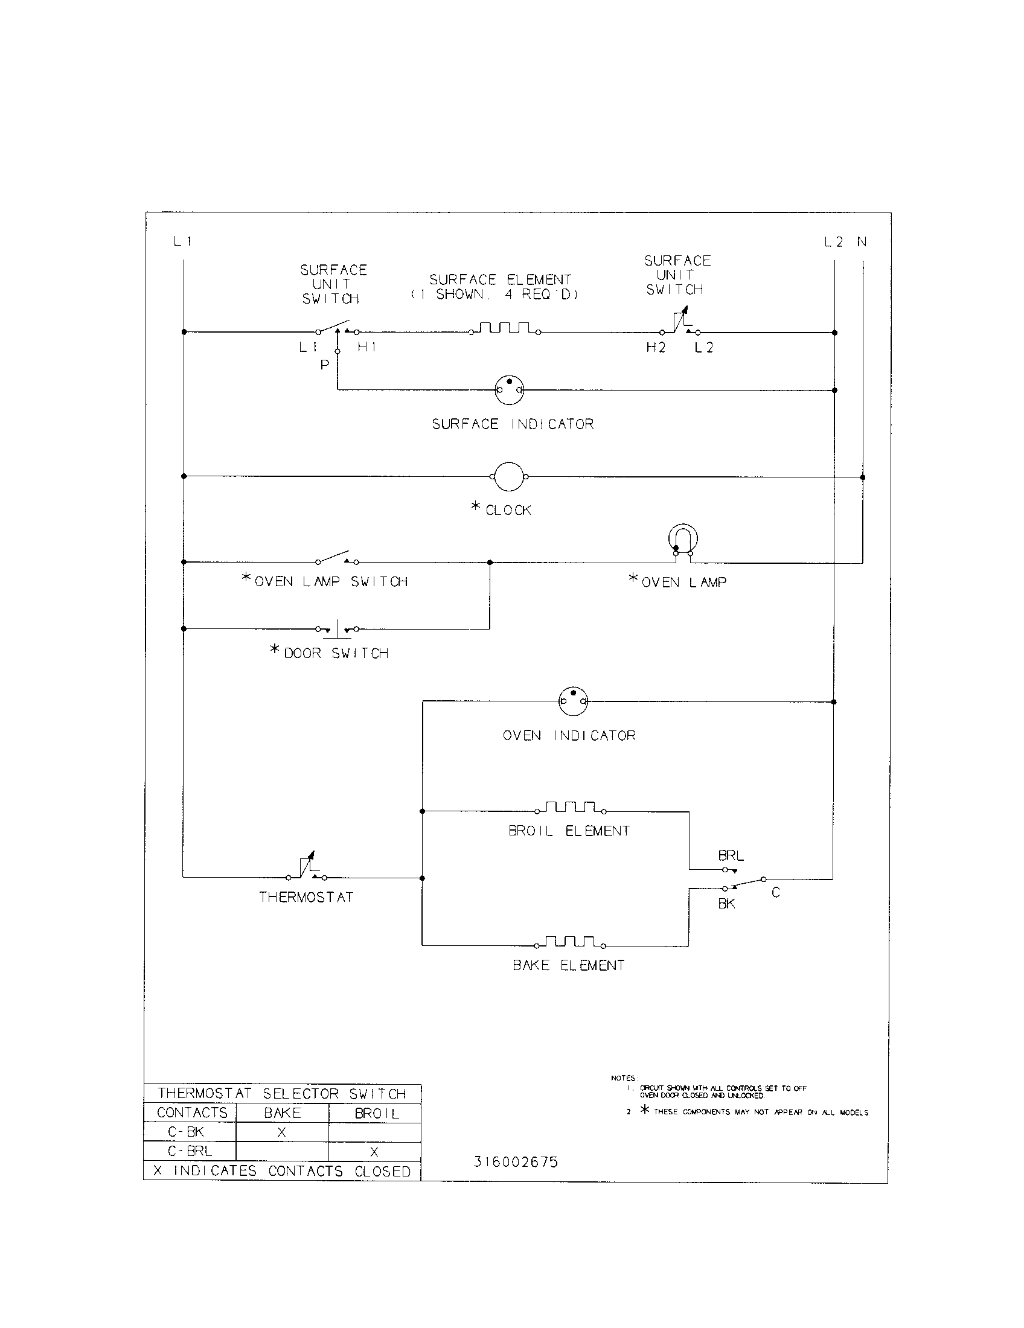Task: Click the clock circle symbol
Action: pyautogui.click(x=508, y=477)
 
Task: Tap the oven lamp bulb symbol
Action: pyautogui.click(x=683, y=539)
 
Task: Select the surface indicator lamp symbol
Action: pyautogui.click(x=509, y=390)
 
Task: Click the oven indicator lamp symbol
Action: pyautogui.click(x=573, y=701)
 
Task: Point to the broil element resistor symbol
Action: pyautogui.click(x=570, y=808)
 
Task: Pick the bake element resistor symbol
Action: pyautogui.click(x=570, y=942)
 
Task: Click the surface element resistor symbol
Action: pyautogui.click(x=504, y=329)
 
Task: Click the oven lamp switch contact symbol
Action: pyautogui.click(x=336, y=558)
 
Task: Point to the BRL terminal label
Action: pyautogui.click(x=731, y=855)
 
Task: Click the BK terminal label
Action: pyautogui.click(x=726, y=904)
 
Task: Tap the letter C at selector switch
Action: pyautogui.click(x=775, y=893)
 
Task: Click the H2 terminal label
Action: pyautogui.click(x=656, y=348)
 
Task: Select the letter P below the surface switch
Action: pyautogui.click(x=325, y=365)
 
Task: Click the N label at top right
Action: pyautogui.click(x=862, y=242)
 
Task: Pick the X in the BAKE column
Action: pyautogui.click(x=281, y=1132)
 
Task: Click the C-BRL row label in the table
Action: pyautogui.click(x=190, y=1151)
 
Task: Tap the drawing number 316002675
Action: pyautogui.click(x=516, y=1162)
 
